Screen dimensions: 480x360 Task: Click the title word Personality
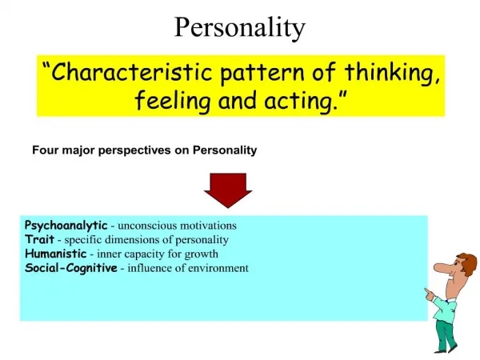240,28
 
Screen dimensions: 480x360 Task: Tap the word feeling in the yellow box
173,101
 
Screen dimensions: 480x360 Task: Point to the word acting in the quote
298,102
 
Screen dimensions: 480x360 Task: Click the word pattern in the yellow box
262,74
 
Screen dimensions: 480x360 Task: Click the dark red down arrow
228,190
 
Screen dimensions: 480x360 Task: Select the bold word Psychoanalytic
66,226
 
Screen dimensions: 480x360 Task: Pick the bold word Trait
40,239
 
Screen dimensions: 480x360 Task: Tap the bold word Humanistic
56,254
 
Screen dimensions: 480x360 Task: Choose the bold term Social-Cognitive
71,268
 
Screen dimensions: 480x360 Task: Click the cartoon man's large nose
443,267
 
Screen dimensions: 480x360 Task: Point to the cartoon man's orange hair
466,262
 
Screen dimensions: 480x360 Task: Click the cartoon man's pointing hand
430,294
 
